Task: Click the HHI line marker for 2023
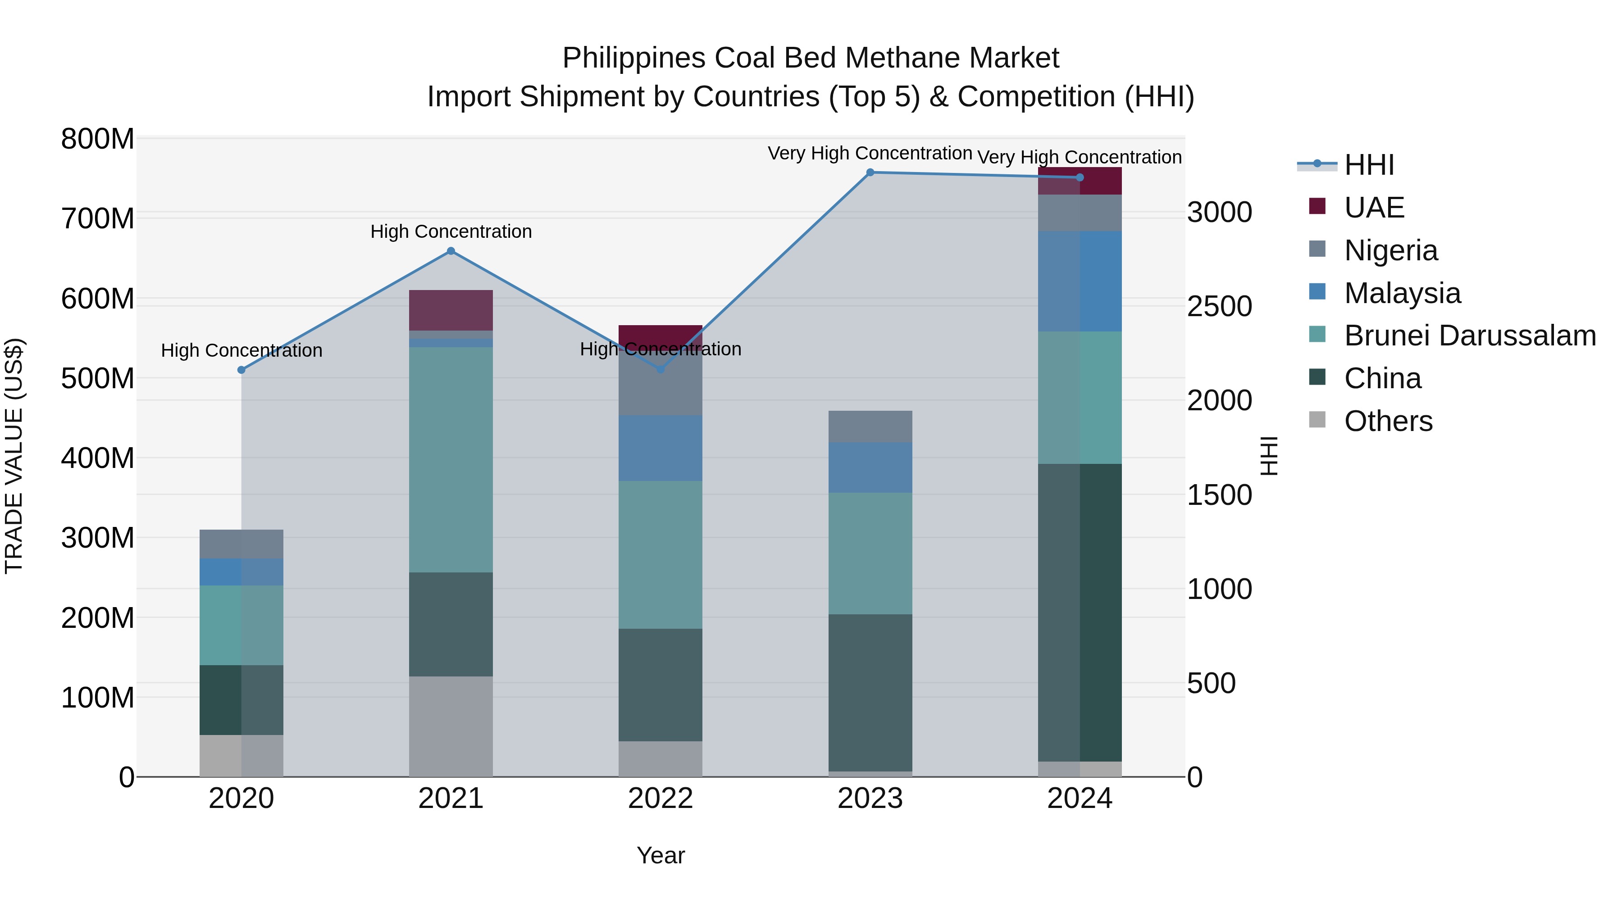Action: [870, 172]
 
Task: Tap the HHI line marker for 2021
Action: [451, 251]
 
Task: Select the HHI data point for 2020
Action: [241, 370]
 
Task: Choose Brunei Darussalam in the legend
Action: [1470, 336]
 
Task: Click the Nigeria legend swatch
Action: [1317, 249]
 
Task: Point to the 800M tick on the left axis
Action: [98, 139]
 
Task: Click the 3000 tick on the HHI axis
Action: [1220, 213]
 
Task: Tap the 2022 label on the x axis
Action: [661, 799]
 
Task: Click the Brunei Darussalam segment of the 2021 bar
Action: [451, 459]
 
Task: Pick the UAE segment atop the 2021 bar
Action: [451, 310]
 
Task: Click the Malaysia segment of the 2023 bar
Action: [870, 467]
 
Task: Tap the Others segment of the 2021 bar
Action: [451, 726]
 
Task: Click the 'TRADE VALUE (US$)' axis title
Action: [14, 456]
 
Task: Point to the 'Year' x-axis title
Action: [661, 855]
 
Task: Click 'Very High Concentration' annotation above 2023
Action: [870, 154]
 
